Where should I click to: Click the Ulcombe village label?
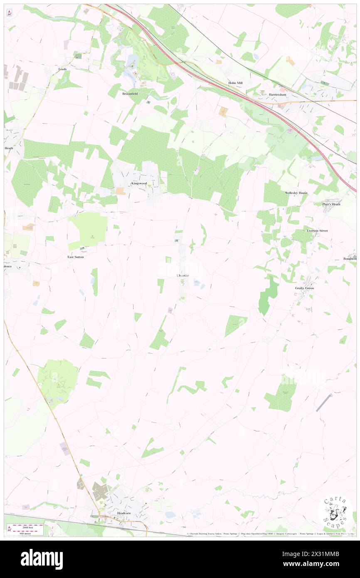coord(182,276)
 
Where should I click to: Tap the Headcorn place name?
coord(124,513)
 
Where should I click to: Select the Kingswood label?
coord(139,183)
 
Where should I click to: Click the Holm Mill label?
coord(235,83)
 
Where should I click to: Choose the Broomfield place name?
coord(130,94)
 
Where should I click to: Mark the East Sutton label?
coord(76,257)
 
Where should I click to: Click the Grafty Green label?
coord(304,288)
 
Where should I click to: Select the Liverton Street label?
coord(317,230)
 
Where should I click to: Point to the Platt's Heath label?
coord(331,204)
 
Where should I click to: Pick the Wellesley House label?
coord(296,193)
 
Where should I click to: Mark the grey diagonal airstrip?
coord(324,403)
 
